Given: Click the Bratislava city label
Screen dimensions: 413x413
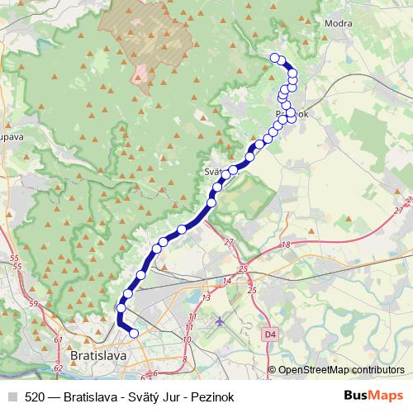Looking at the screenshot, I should [x=98, y=355].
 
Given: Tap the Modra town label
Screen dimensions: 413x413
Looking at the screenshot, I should [x=339, y=23].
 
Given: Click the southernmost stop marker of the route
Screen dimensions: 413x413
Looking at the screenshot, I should [x=134, y=333].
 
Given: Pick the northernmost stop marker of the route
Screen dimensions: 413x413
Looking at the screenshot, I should [x=275, y=57].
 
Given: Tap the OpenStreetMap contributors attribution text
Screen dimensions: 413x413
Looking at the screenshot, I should [x=341, y=370].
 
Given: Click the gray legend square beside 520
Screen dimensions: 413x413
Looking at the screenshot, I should [x=12, y=396].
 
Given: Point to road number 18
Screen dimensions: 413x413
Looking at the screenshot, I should [x=287, y=245].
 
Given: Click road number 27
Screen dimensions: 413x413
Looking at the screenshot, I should [x=229, y=242].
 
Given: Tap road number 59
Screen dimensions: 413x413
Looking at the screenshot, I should [x=34, y=304].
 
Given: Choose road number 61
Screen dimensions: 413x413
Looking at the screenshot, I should [x=58, y=339].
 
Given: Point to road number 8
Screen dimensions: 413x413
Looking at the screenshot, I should [x=183, y=361].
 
